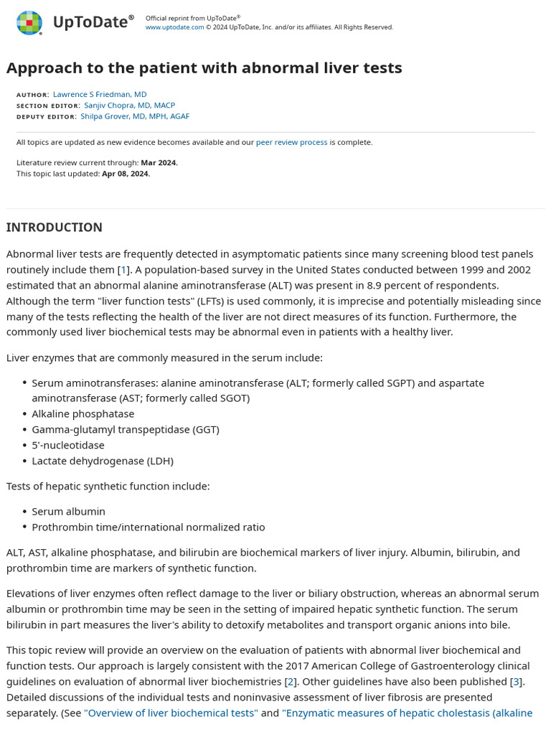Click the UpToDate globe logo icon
29,23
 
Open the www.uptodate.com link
174,27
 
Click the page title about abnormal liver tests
204,68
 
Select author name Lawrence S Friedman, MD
100,94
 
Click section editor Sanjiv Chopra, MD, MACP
129,105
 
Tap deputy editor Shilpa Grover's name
135,116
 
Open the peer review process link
291,142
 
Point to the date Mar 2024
159,162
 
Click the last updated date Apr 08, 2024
126,173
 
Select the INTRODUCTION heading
55,228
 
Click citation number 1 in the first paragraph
123,270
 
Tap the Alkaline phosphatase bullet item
83,413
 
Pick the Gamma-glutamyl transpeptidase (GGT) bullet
125,429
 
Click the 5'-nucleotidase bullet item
67,445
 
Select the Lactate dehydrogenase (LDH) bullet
102,461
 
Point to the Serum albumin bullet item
68,511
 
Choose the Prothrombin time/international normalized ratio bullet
148,527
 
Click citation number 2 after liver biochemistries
291,681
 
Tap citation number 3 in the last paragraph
516,681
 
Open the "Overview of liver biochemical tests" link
171,713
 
